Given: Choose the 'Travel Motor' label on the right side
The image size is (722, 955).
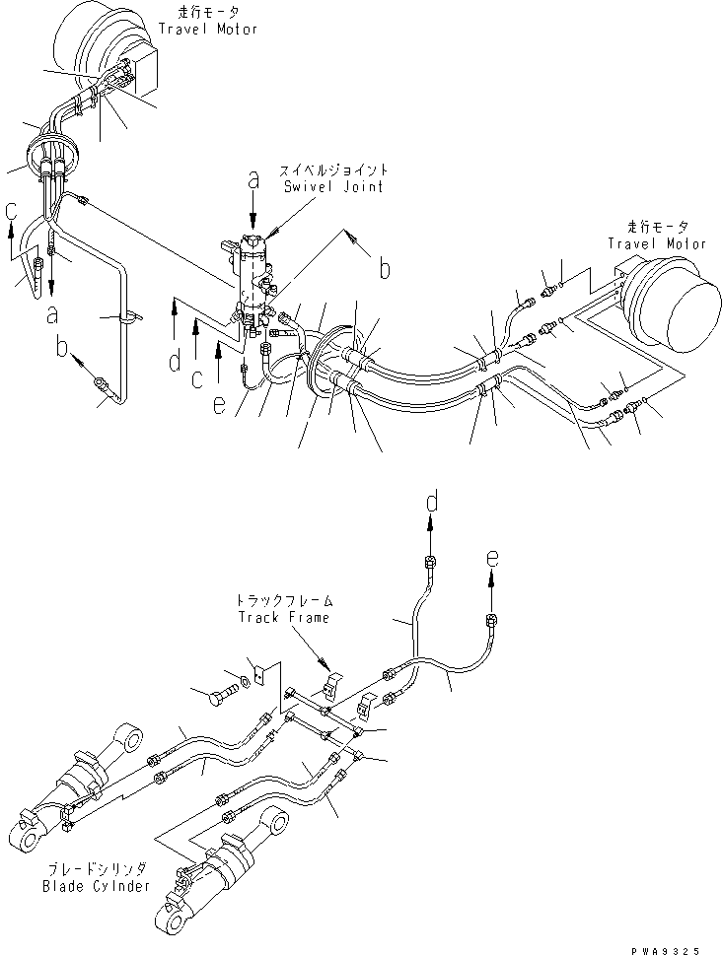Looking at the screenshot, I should pyautogui.click(x=656, y=243).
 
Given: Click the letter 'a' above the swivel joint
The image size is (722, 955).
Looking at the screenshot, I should pyautogui.click(x=253, y=179).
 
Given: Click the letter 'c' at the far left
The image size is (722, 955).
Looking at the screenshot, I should pyautogui.click(x=10, y=210).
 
